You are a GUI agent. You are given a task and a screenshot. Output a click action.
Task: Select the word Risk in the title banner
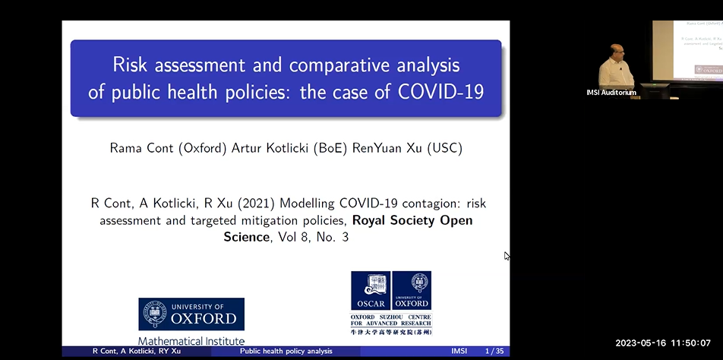coord(130,64)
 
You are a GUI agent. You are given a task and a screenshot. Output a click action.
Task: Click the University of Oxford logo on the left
coord(191,314)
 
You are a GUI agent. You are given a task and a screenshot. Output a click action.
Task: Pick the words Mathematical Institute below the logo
coord(191,341)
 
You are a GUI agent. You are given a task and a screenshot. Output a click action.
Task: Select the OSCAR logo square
coord(370,291)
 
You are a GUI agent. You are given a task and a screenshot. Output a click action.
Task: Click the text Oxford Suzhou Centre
coord(390,317)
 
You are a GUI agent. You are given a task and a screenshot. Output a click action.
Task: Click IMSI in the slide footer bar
coord(459,352)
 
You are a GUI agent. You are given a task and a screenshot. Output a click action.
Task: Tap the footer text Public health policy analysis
coord(286,352)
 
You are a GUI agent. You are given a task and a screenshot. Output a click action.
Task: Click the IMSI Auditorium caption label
coord(611,93)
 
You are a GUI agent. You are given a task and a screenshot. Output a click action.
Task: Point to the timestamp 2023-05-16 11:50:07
coord(662,343)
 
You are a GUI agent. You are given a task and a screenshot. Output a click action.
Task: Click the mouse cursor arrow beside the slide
coord(507,256)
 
